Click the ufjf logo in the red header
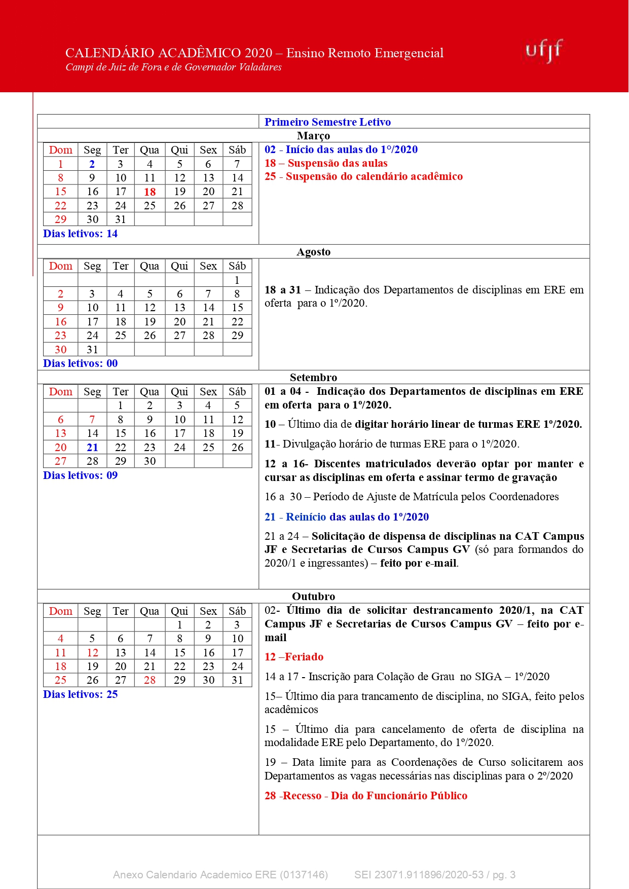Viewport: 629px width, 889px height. [544, 50]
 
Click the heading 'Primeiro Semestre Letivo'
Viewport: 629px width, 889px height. [327, 122]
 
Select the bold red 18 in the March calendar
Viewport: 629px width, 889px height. [150, 192]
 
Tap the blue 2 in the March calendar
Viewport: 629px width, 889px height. [92, 164]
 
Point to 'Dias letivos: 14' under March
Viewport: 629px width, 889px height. [80, 234]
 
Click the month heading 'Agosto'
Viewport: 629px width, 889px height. [313, 252]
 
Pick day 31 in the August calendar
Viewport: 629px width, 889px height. [92, 349]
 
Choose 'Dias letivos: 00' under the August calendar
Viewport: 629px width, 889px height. [80, 363]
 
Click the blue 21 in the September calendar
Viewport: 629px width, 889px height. [92, 447]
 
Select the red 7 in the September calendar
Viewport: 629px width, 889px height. [92, 419]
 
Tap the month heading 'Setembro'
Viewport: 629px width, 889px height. [313, 377]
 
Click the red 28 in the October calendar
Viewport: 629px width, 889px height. [150, 680]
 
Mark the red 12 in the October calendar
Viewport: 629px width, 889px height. [92, 652]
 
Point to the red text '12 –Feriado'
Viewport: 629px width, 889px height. [294, 657]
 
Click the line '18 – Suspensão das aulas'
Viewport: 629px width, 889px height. [326, 163]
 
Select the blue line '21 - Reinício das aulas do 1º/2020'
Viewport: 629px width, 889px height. [347, 517]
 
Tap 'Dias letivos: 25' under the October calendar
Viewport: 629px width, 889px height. [80, 694]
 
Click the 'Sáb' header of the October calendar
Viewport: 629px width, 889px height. [237, 611]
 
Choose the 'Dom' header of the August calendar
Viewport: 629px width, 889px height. [61, 266]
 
